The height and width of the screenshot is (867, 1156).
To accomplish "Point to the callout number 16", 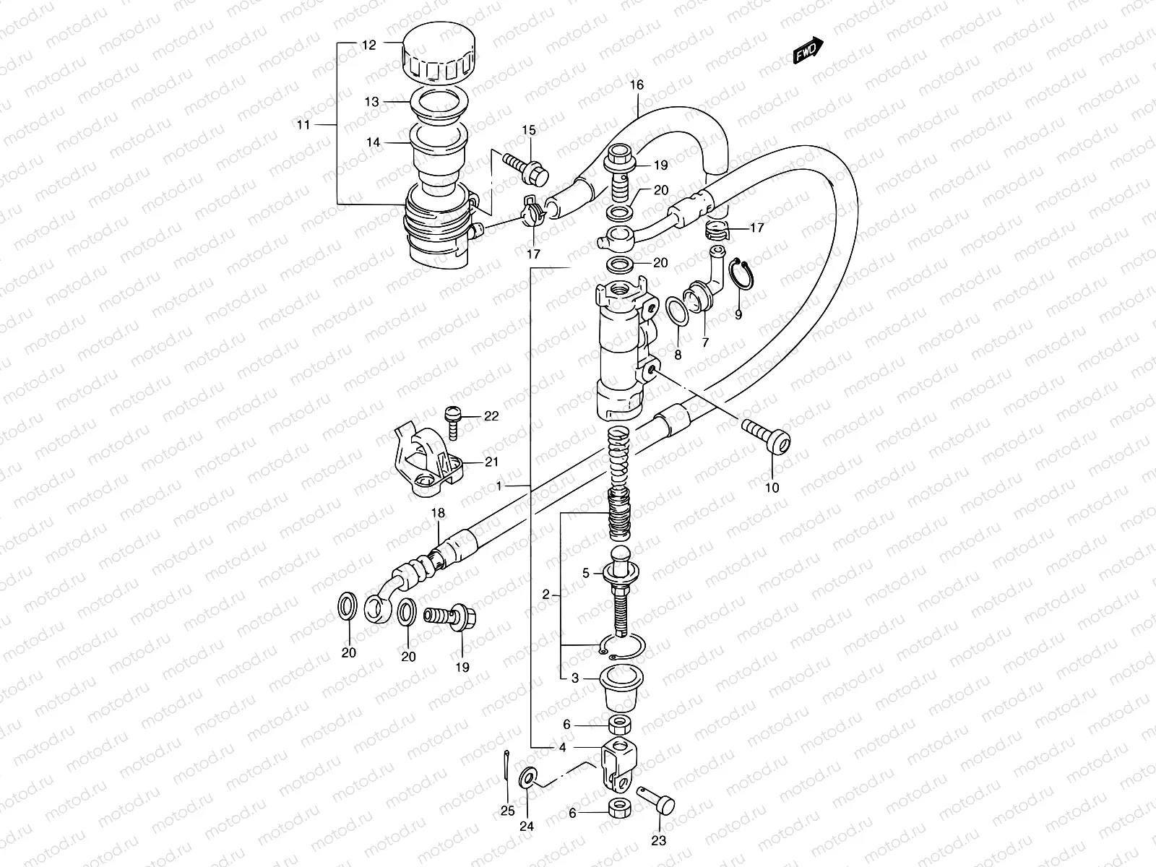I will click(x=636, y=85).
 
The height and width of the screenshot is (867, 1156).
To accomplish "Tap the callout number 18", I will click(x=438, y=514).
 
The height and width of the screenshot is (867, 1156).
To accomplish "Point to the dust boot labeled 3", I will click(x=621, y=689).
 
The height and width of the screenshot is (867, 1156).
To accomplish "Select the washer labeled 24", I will click(x=527, y=778).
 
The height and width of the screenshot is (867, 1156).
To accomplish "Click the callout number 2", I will click(x=546, y=595).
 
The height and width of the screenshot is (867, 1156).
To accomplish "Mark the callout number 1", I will click(x=499, y=486).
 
